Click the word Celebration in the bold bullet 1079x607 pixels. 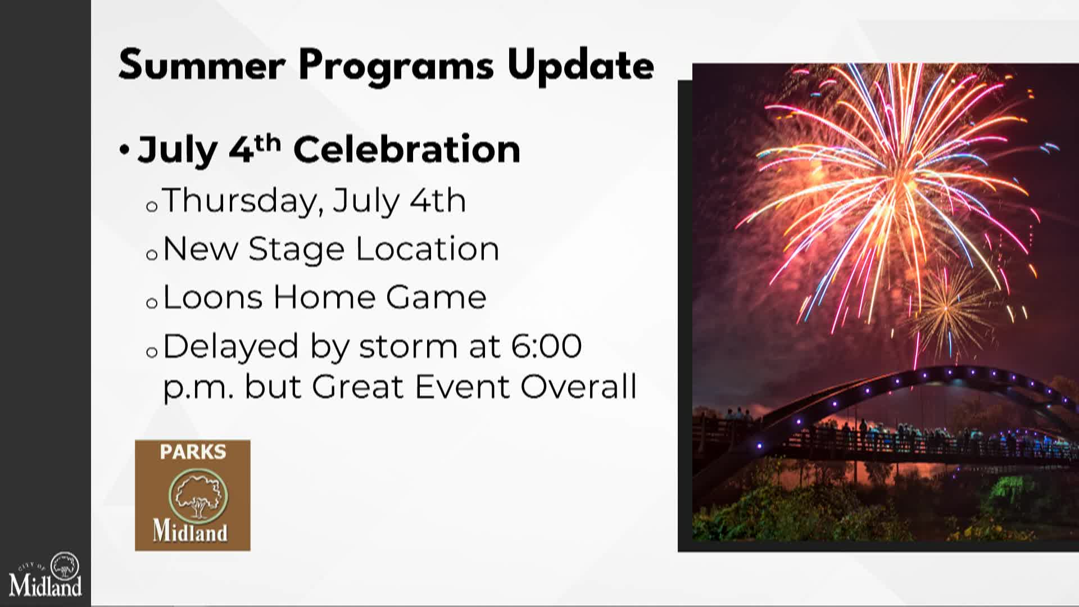pyautogui.click(x=407, y=150)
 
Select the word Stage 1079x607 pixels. pyautogui.click(x=296, y=250)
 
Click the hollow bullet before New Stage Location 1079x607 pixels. pyautogui.click(x=152, y=255)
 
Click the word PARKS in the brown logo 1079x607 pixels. pyautogui.click(x=193, y=452)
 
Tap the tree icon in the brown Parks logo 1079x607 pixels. pyautogui.click(x=198, y=496)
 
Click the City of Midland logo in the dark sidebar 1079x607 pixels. pyautogui.click(x=46, y=574)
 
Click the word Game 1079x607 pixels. pyautogui.click(x=436, y=297)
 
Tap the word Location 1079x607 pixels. pyautogui.click(x=428, y=250)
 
